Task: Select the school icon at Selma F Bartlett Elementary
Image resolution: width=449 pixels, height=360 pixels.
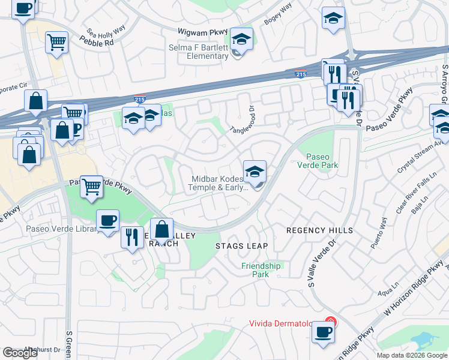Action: pos(241,40)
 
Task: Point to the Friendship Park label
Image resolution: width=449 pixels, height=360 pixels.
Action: pos(261,270)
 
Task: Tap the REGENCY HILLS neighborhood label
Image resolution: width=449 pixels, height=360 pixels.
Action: pos(319,230)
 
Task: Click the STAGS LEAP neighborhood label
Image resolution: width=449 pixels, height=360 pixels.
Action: pos(241,246)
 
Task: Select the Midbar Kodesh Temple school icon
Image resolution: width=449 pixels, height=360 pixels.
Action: pos(255,172)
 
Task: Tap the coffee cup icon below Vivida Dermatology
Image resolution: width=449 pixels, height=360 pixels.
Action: pos(324,332)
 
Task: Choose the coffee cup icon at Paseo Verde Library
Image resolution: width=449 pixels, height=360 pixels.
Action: pos(108,221)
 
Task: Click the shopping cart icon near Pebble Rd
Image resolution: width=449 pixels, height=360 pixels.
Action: pos(56,42)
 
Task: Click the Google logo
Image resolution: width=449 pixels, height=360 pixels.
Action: pos(20,353)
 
